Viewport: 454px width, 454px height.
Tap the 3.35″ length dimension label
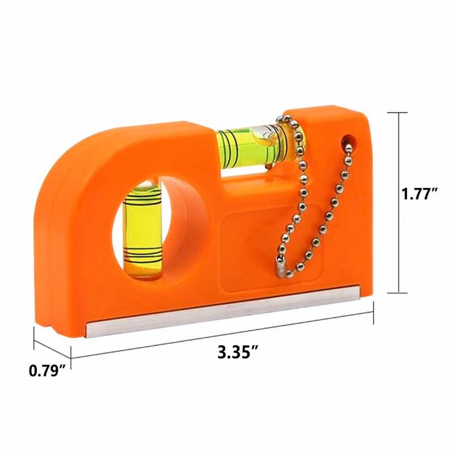(x=238, y=352)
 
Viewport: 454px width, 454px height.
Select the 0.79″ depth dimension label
(x=48, y=371)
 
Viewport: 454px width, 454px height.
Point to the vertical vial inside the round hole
(x=142, y=229)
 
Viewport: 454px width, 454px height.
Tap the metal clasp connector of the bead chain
(x=280, y=268)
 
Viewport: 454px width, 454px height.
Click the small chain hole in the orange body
(x=350, y=140)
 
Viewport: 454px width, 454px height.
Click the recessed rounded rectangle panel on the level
(x=271, y=247)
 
